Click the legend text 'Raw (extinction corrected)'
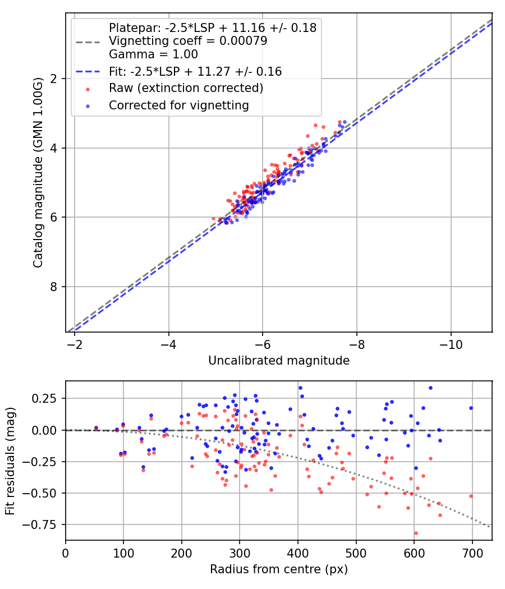coord(186,88)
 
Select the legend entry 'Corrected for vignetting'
coord(178,105)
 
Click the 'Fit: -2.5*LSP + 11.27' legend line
coord(88,72)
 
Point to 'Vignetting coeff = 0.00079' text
coord(188,41)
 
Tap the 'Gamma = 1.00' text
coord(153,54)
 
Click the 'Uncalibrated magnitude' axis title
coord(279,361)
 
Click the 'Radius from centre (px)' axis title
coord(279,569)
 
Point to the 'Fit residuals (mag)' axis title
coord(10,461)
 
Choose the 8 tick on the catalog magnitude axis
coord(54,287)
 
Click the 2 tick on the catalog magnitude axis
coord(54,79)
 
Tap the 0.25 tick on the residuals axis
coord(49,398)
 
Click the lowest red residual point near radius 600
coord(416,533)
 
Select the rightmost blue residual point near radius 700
coord(471,408)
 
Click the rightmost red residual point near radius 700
coord(471,496)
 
